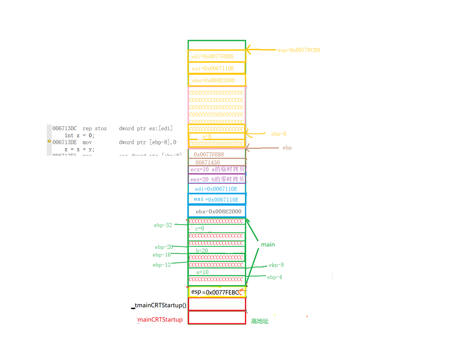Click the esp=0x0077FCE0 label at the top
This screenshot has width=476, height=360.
[x=299, y=50]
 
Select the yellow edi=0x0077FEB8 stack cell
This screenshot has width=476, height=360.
[x=217, y=56]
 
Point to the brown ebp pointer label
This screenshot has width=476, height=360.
[x=287, y=148]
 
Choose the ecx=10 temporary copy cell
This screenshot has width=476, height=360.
[x=217, y=170]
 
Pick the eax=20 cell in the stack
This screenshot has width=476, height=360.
[x=217, y=179]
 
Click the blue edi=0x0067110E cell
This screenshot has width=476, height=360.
[x=217, y=189]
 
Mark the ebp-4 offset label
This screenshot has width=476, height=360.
[x=274, y=277]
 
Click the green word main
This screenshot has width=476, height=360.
[x=268, y=244]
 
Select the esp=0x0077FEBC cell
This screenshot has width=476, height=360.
[x=217, y=292]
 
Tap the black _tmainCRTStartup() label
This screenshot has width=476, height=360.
[x=159, y=305]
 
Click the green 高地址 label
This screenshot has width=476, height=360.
[x=260, y=321]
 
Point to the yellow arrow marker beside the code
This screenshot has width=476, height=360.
[x=49, y=142]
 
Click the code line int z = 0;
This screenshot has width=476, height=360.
[x=80, y=135]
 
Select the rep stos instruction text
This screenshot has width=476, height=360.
[x=95, y=129]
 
